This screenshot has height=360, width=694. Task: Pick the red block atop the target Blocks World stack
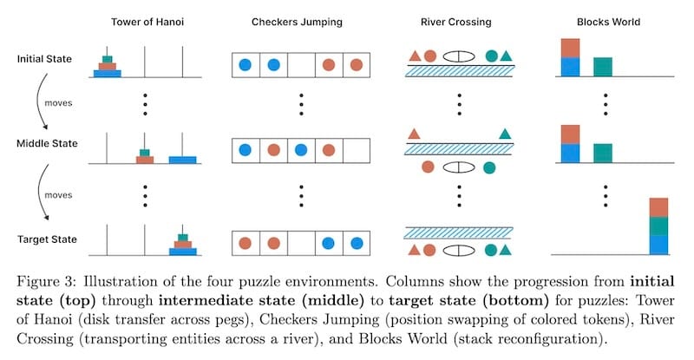pos(658,207)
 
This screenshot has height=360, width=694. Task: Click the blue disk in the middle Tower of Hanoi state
pos(182,160)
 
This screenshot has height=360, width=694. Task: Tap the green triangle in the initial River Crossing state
pos(506,56)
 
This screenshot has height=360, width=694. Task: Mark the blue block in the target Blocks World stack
pos(658,244)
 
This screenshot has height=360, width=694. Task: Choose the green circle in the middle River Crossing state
pos(489,166)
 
